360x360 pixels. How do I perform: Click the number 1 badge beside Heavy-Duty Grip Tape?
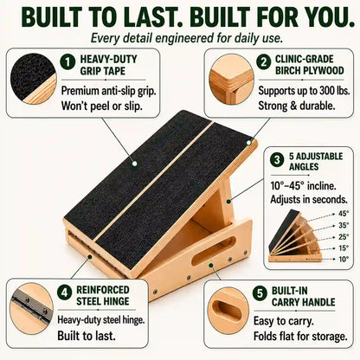click(67, 62)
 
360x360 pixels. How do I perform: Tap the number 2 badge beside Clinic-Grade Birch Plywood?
click(264, 62)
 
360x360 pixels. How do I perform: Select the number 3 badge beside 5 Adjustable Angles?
click(277, 159)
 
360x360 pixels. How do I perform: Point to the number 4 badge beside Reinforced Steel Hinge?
click(65, 292)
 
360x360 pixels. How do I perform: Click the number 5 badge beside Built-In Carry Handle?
click(260, 293)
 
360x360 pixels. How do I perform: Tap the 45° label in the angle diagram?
click(344, 214)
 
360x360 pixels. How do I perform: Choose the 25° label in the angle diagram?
click(344, 237)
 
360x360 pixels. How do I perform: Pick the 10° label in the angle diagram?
click(344, 259)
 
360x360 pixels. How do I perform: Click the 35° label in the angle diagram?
click(344, 225)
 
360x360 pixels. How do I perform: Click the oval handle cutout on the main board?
click(214, 251)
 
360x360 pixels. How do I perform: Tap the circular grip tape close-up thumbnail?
click(33, 79)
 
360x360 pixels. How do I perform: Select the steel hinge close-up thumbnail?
click(32, 309)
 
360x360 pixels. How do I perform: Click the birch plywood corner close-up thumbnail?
click(232, 80)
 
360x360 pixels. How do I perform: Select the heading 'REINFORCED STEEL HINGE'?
click(103, 296)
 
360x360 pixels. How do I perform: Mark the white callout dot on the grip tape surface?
click(134, 164)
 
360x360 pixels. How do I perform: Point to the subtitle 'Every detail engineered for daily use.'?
click(187, 38)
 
